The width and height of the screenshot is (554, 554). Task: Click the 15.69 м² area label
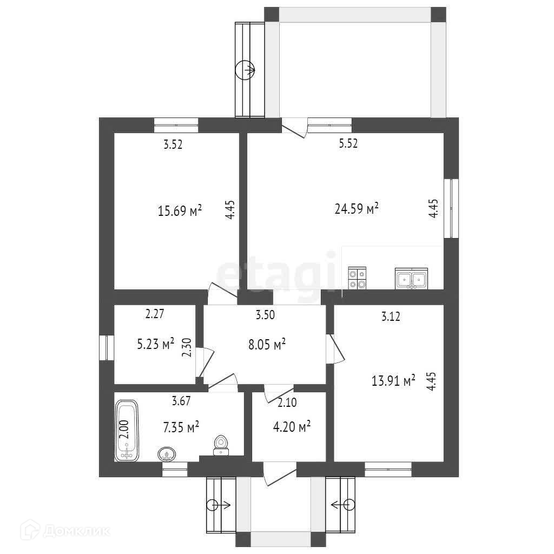pos(180,211)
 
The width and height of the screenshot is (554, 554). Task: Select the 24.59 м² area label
pos(357,208)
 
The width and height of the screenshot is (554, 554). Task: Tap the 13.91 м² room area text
pos(393,380)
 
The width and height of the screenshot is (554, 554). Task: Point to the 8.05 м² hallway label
pos(267,344)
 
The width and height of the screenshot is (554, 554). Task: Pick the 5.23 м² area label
pos(155,344)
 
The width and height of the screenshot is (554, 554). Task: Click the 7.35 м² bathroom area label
pos(181,427)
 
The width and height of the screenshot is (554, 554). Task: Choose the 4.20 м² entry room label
pos(292,427)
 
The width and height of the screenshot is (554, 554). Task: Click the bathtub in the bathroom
pos(127,430)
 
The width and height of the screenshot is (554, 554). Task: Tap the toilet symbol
pos(221,445)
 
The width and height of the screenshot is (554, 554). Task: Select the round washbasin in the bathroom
pos(167,454)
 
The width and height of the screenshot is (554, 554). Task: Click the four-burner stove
pos(357,279)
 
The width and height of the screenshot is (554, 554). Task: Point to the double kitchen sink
pos(411,279)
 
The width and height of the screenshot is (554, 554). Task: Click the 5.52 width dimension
pos(348,143)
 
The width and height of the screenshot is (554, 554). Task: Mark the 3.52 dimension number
pos(173,144)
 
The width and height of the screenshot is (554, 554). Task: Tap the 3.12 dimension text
pos(391,316)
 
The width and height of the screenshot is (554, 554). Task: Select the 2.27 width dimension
pos(155,314)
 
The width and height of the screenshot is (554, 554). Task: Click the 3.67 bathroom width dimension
pos(181,401)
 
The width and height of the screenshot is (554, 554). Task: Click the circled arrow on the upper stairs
pos(245,70)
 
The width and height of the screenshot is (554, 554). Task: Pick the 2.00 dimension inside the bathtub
pos(124,429)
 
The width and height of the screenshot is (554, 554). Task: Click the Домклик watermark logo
pos(65,530)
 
